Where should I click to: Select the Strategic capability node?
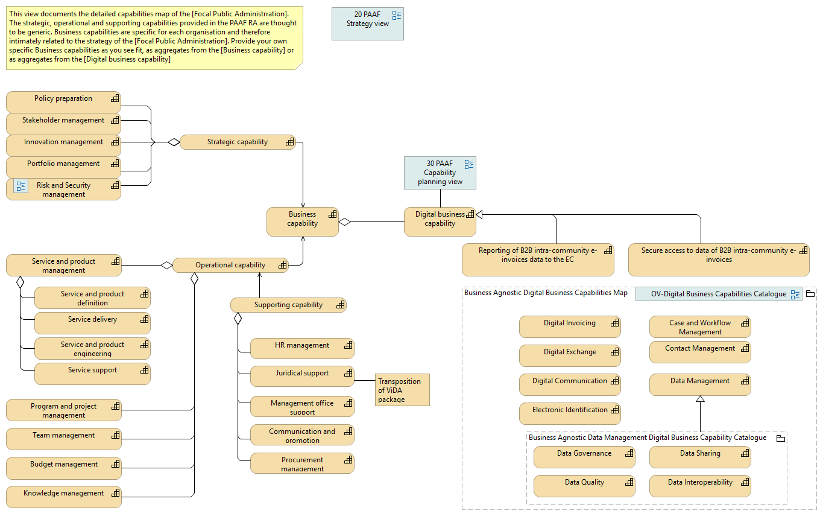[x=238, y=142]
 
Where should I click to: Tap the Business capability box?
[x=302, y=221]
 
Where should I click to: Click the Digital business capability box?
[x=440, y=221]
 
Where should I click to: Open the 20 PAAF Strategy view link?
[x=367, y=24]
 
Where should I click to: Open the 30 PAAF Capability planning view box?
[x=440, y=173]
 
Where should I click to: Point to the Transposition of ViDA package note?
[x=402, y=390]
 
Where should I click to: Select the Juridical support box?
[x=302, y=376]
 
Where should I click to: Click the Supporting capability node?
[x=288, y=305]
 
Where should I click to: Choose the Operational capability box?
[x=230, y=266]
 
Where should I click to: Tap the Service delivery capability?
[x=92, y=323]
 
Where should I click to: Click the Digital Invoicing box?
[x=569, y=326]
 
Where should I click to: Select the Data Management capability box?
[x=699, y=384]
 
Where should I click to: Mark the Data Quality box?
[x=584, y=486]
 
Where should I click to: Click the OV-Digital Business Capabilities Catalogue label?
[x=718, y=295]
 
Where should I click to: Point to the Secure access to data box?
[x=718, y=259]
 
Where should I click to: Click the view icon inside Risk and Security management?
[x=21, y=186]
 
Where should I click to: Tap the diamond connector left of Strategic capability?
[x=174, y=142]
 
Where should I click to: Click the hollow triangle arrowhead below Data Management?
[x=700, y=399]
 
